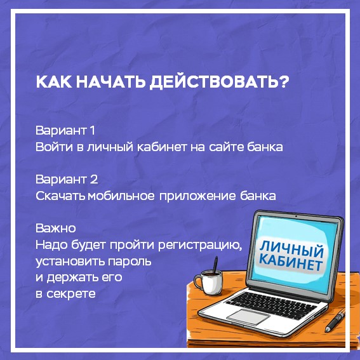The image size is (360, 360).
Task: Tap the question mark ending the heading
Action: click(284, 81)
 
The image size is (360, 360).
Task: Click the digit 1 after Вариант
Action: click(92, 130)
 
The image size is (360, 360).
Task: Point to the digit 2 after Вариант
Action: click(94, 179)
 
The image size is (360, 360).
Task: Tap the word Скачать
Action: click(60, 196)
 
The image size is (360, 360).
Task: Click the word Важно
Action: click(56, 228)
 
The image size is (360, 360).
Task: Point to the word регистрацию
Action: click(200, 246)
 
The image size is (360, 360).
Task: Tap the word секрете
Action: click(71, 294)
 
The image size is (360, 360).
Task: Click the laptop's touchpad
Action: click(248, 317)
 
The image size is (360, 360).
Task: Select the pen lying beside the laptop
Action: click(335, 320)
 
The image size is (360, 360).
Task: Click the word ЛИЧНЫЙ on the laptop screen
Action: click(291, 249)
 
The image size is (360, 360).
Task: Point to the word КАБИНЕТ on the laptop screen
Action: click(291, 262)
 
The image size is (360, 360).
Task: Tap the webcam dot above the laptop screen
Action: click(296, 217)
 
